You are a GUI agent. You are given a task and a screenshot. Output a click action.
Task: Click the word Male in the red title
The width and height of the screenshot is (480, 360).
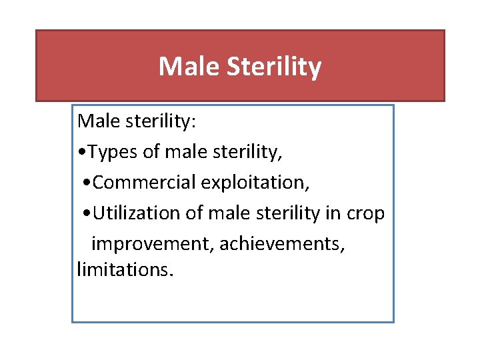point(189,67)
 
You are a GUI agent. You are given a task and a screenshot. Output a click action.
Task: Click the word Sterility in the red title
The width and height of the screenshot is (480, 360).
point(274,67)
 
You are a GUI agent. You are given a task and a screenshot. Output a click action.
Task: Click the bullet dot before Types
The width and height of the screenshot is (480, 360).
point(81,153)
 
